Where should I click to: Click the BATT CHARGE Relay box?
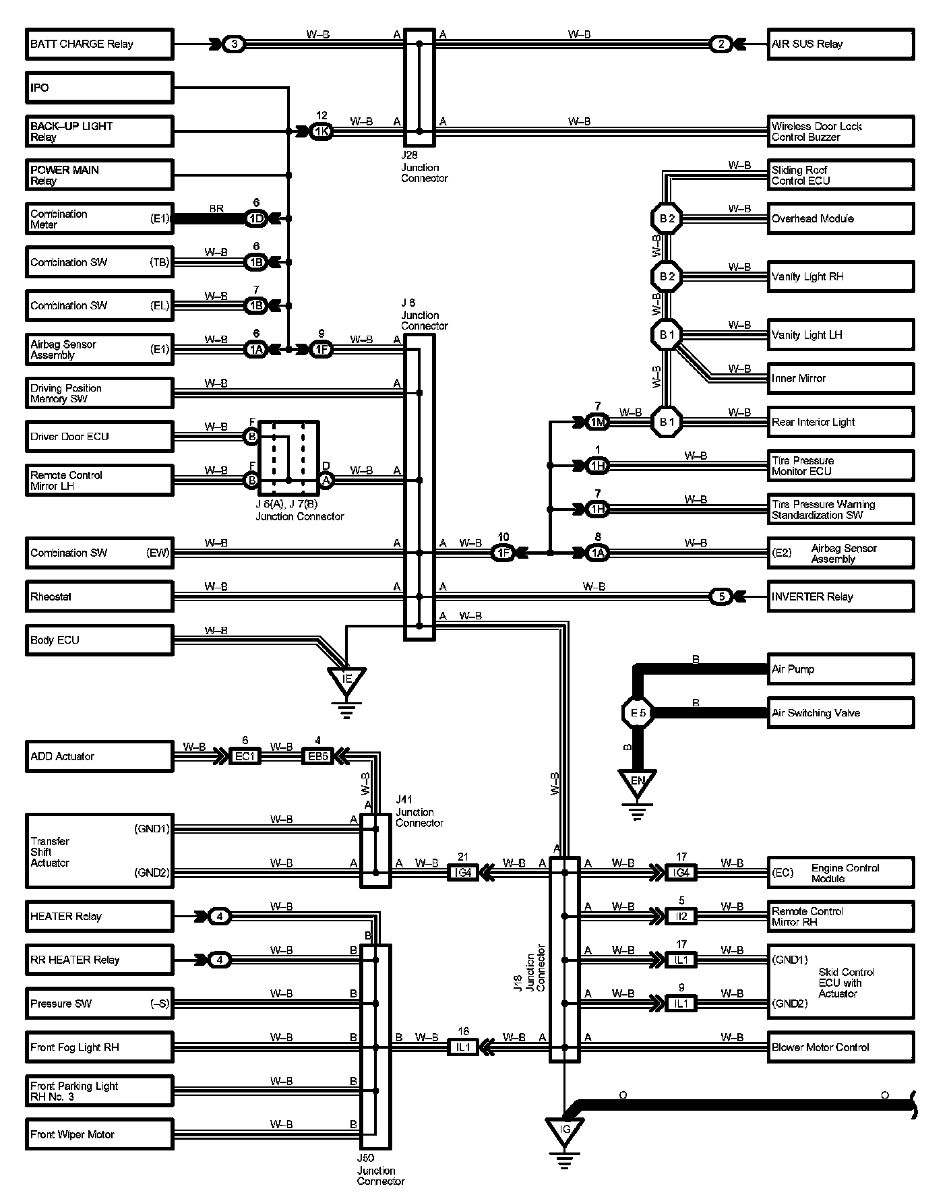pyautogui.click(x=99, y=44)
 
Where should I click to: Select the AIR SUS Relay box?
pyautogui.click(x=840, y=44)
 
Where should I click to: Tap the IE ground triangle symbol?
pyautogui.click(x=347, y=679)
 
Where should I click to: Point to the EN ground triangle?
pyautogui.click(x=637, y=782)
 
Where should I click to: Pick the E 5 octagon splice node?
pyautogui.click(x=638, y=713)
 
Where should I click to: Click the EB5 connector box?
pyautogui.click(x=317, y=756)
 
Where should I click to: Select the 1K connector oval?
pyautogui.click(x=322, y=131)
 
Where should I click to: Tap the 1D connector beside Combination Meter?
pyautogui.click(x=256, y=218)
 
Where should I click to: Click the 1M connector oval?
pyautogui.click(x=598, y=423)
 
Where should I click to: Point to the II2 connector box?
pyautogui.click(x=681, y=917)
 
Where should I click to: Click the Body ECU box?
pyautogui.click(x=99, y=640)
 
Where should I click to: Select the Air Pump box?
pyautogui.click(x=840, y=669)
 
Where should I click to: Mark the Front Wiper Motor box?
pyautogui.click(x=99, y=1135)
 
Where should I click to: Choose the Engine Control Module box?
pyautogui.click(x=840, y=873)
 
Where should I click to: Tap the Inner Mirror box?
pyautogui.click(x=840, y=379)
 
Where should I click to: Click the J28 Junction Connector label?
pyautogui.click(x=424, y=167)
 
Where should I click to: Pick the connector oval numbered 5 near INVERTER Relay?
pyautogui.click(x=722, y=596)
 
